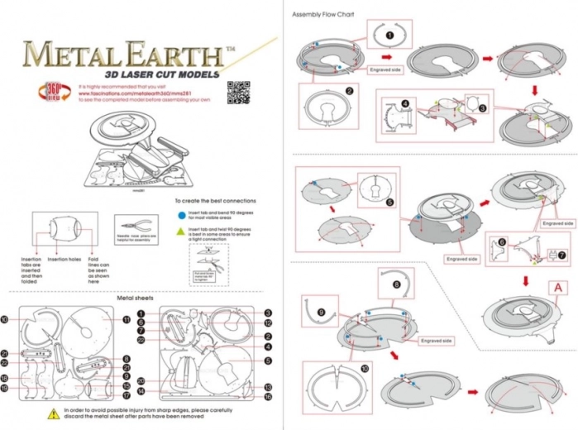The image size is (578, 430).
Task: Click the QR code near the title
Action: click(239, 91)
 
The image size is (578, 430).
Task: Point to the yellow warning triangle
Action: click(55, 412)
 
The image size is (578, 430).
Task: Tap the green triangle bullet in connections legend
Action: click(181, 229)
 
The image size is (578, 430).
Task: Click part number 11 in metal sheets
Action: click(127, 319)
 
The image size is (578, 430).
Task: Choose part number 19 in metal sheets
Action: click(5, 387)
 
